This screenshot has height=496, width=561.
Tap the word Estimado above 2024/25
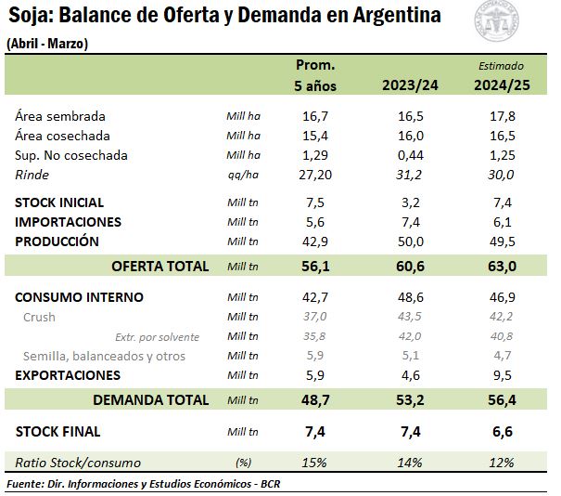click(501, 66)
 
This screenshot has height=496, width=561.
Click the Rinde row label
click(32, 175)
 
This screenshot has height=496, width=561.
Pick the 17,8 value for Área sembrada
click(501, 116)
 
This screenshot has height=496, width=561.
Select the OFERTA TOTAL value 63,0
click(501, 267)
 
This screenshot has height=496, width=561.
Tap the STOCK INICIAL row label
click(59, 202)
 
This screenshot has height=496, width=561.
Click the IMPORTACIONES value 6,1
click(501, 222)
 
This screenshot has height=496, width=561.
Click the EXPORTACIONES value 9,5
click(501, 375)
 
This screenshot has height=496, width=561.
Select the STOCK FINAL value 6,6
click(501, 432)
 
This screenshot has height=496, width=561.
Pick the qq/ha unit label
click(242, 175)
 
